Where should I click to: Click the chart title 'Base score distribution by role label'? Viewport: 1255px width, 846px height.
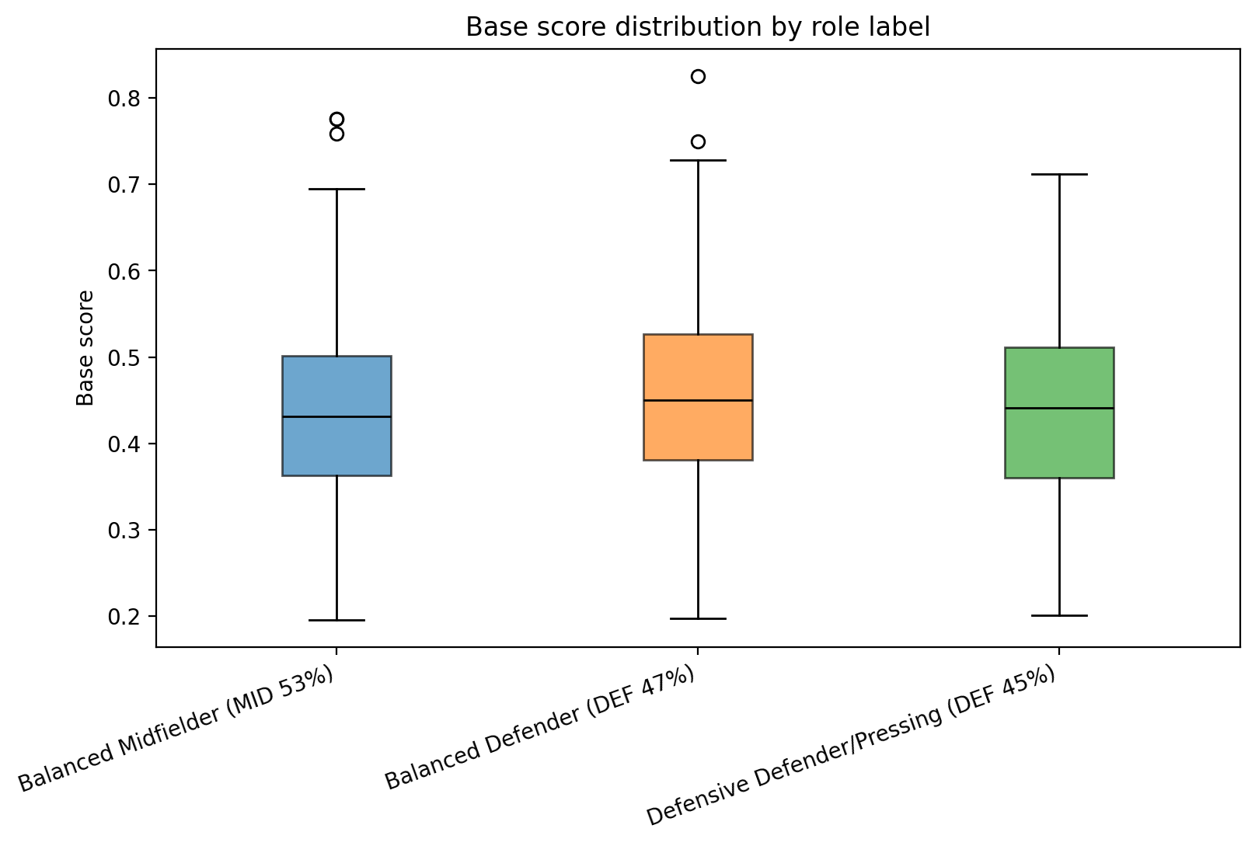click(697, 27)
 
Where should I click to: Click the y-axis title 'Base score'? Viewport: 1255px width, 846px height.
click(85, 348)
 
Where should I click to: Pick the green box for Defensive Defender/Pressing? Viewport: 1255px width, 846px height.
click(1059, 443)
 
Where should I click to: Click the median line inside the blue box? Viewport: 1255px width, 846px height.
click(336, 417)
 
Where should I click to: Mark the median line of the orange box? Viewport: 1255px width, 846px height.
click(698, 400)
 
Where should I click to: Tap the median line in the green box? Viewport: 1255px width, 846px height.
click(1059, 408)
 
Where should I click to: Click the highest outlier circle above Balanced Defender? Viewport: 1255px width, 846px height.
click(698, 76)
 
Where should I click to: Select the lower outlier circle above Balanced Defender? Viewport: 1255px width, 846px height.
click(698, 141)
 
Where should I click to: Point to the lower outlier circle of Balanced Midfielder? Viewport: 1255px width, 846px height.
click(336, 134)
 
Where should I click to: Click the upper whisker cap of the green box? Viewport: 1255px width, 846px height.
click(1059, 175)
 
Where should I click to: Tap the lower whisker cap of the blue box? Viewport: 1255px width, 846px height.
click(336, 620)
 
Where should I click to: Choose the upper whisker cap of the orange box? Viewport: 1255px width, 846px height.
click(698, 160)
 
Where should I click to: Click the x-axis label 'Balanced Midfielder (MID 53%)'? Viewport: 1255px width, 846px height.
click(177, 729)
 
